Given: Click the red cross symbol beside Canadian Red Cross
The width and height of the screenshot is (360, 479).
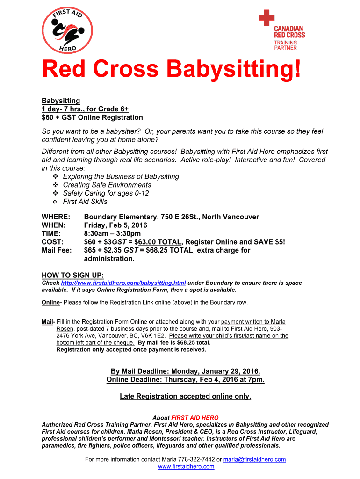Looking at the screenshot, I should pyautogui.click(x=266, y=19).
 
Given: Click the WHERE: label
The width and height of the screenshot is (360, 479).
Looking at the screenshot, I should pyautogui.click(x=56, y=217).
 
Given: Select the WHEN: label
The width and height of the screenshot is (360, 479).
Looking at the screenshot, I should pyautogui.click(x=55, y=225).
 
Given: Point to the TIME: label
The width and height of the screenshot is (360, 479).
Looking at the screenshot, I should pyautogui.click(x=51, y=233).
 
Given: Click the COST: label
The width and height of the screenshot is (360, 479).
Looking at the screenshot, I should pyautogui.click(x=52, y=242).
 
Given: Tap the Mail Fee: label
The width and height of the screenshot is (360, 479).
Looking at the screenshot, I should pyautogui.click(x=57, y=250).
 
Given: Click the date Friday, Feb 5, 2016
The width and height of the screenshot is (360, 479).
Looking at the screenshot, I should pyautogui.click(x=115, y=225).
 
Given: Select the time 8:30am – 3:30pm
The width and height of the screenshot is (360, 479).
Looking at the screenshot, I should pyautogui.click(x=112, y=233).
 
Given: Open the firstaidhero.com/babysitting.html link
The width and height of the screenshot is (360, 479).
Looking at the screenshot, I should pyautogui.click(x=123, y=283).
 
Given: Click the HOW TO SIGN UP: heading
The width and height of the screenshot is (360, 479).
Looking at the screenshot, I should pyautogui.click(x=72, y=275).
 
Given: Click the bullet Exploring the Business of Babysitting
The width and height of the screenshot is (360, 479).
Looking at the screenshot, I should pyautogui.click(x=121, y=176).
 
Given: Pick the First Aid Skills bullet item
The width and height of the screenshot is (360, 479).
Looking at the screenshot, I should pyautogui.click(x=85, y=202).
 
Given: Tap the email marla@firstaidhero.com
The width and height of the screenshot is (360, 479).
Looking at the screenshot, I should pyautogui.click(x=254, y=459).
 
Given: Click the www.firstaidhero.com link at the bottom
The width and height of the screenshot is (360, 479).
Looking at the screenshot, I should pyautogui.click(x=186, y=466).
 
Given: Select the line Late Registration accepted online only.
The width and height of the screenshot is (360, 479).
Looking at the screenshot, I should pyautogui.click(x=185, y=396).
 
